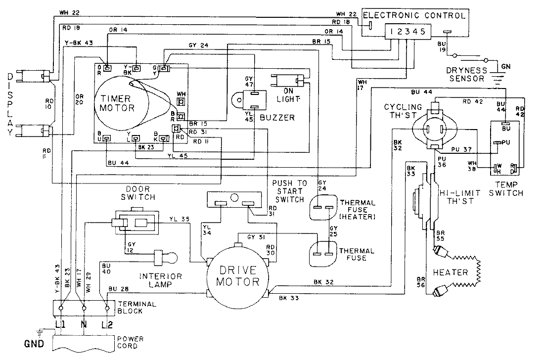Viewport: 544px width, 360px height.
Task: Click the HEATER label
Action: point(450,272)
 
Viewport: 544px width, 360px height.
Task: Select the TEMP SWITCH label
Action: point(505,188)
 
